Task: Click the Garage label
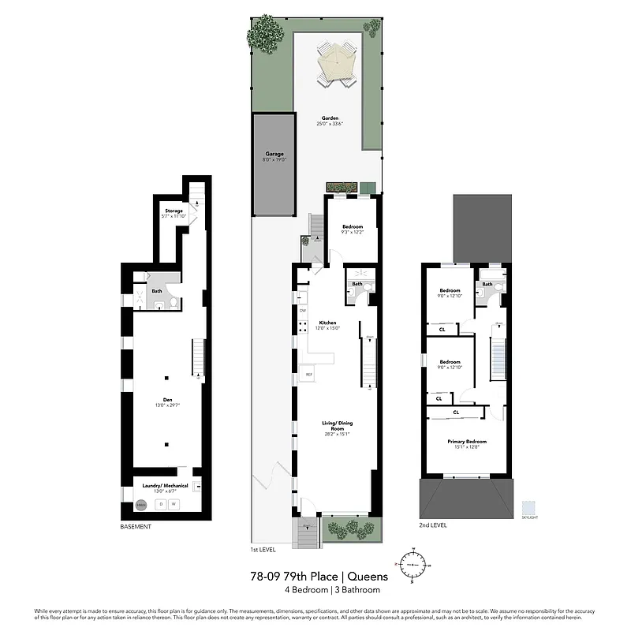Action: (274, 155)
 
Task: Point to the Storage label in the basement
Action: (174, 211)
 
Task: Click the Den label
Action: (168, 400)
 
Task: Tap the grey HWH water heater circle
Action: (141, 505)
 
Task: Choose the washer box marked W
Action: (174, 504)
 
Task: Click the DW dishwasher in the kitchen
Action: (302, 310)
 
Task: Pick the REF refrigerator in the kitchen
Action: (309, 374)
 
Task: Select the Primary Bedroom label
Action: (467, 442)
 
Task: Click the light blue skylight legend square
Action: (528, 506)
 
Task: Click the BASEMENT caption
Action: (136, 526)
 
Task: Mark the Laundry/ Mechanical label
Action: (166, 486)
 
